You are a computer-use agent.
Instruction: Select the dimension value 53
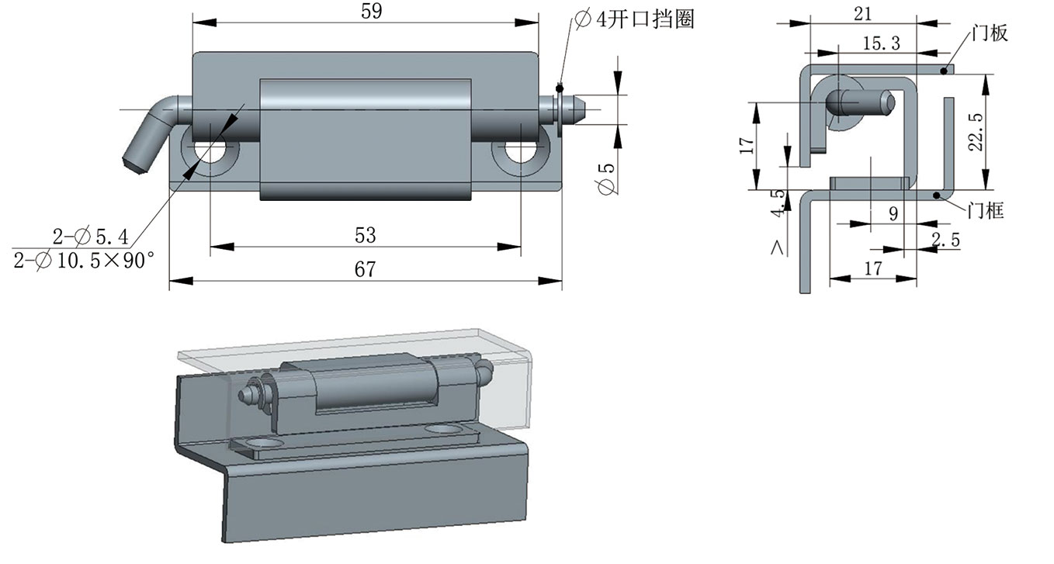tap(365, 234)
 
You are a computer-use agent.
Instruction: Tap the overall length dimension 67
tap(365, 269)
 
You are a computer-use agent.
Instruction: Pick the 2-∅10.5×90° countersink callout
tap(80, 261)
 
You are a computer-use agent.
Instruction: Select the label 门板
tap(989, 33)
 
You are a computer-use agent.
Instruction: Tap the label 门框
tap(986, 209)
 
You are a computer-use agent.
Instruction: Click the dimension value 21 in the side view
tap(862, 13)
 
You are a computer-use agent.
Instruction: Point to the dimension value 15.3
tap(881, 43)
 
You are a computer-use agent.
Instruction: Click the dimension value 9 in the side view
tap(893, 214)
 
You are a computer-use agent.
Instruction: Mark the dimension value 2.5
tap(945, 240)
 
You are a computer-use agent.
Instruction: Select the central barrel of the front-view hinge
tap(365, 138)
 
